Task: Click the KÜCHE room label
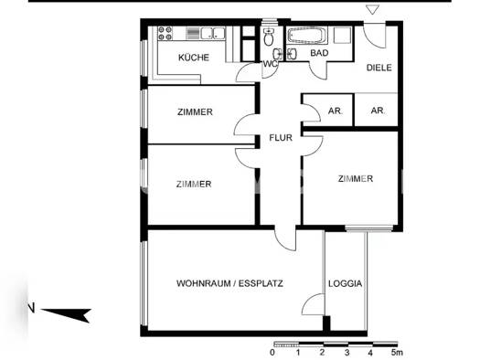193,58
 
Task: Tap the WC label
270,64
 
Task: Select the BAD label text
318,54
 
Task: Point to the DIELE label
379,68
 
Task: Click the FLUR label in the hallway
279,139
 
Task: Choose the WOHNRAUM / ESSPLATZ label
229,283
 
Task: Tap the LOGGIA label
345,283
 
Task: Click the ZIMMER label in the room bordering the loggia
354,179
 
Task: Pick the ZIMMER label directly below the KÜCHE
194,112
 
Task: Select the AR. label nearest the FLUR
335,111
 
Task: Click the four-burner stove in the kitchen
165,34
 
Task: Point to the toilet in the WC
268,37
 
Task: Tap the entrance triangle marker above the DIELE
371,10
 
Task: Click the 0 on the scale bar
272,352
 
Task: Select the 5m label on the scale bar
395,352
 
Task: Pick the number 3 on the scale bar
347,352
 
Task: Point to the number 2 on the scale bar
322,352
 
